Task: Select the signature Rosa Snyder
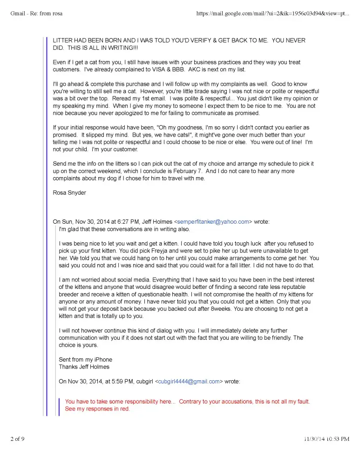coord(69,193)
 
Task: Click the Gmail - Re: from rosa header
coord(36,14)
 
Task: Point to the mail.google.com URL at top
coord(272,14)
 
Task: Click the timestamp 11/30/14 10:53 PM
coord(326,439)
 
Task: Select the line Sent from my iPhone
coord(85,359)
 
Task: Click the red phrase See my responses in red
coord(97,409)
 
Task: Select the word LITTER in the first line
coord(62,41)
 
